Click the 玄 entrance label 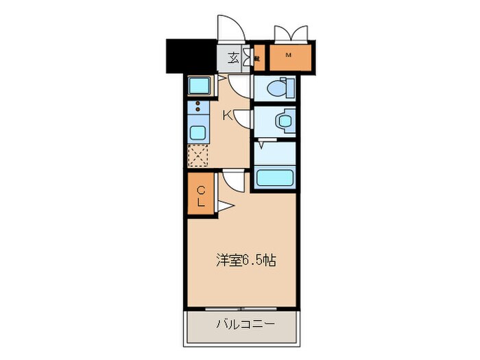(x=232, y=58)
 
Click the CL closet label (x=202, y=196)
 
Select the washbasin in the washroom (x=283, y=121)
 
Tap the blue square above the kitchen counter (x=200, y=86)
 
